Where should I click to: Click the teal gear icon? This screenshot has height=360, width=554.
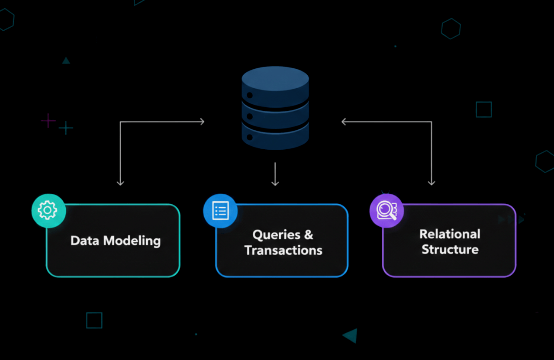tap(48, 210)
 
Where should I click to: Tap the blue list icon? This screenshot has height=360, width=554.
tap(220, 211)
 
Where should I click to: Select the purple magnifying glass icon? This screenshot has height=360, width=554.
tap(386, 211)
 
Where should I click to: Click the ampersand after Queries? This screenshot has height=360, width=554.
tap(309, 235)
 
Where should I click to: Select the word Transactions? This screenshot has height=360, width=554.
tap(283, 250)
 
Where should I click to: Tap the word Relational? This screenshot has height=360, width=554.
tap(450, 234)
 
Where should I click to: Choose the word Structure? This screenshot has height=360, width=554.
tap(450, 250)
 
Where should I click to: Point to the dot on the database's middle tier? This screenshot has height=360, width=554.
tap(249, 116)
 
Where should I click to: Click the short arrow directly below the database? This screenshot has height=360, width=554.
tap(275, 174)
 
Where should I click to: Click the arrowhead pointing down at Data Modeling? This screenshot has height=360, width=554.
tap(120, 182)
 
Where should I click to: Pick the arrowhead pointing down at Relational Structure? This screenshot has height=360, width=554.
tap(432, 182)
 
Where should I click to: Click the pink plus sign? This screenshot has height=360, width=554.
tap(48, 120)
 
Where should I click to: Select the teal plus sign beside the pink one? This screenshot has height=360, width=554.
tap(66, 128)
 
